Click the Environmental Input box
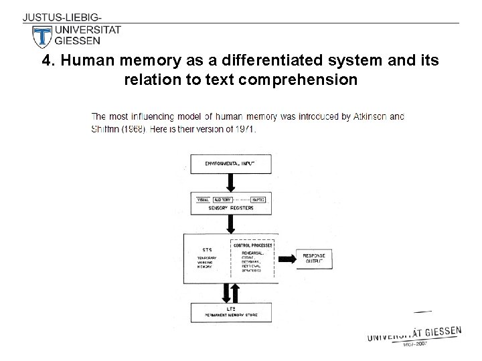tap(231, 163)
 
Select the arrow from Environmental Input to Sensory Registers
tap(231, 183)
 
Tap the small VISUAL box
tap(202, 200)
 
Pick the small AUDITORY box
tap(222, 200)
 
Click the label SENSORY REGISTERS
tap(231, 209)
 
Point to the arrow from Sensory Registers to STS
tap(231, 223)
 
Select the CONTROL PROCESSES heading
tap(253, 245)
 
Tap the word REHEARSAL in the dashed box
tap(252, 253)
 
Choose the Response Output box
tap(314, 258)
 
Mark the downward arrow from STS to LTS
tap(226, 293)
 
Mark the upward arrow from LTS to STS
tap(236, 293)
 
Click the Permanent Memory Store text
tap(230, 314)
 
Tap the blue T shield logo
tap(42, 36)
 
